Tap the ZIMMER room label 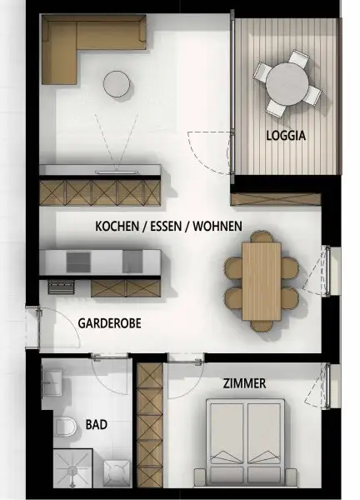pyautogui.click(x=244, y=383)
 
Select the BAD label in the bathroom pyautogui.click(x=96, y=424)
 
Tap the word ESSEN pyautogui.click(x=167, y=226)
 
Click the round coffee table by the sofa pyautogui.click(x=117, y=83)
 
